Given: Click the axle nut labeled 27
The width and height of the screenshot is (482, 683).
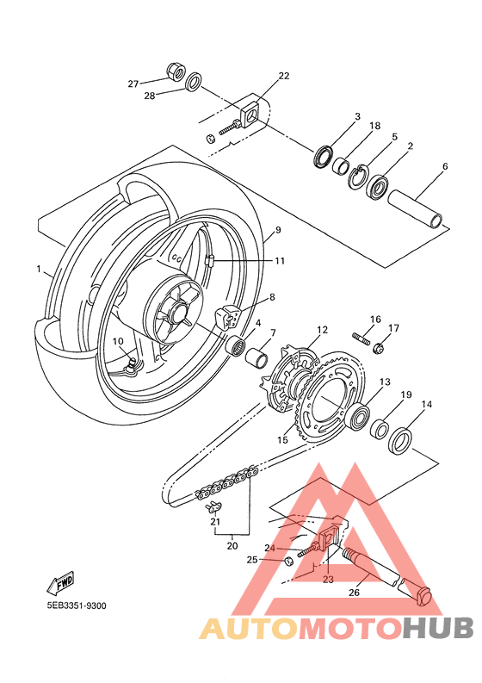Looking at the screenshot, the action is click(x=176, y=71).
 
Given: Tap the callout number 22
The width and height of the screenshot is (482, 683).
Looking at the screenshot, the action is click(x=283, y=76).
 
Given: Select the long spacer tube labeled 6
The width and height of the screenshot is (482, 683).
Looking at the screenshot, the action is click(x=416, y=209).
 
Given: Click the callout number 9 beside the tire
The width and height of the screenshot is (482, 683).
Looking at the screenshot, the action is click(x=278, y=230).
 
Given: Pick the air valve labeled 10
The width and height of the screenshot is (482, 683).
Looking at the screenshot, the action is click(x=131, y=365).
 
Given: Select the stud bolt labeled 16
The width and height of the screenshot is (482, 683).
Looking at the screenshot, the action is click(x=361, y=338).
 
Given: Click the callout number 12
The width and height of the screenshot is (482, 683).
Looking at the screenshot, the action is click(x=322, y=330).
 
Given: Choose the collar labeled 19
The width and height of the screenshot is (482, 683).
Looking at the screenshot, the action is click(x=379, y=428).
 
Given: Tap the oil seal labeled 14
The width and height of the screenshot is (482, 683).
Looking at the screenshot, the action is click(x=400, y=441).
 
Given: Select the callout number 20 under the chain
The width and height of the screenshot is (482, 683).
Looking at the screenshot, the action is click(x=232, y=545).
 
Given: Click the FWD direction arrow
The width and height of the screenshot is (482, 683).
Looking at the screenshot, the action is click(x=60, y=581).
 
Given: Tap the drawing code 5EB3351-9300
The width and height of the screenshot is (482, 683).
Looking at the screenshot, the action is click(x=77, y=605).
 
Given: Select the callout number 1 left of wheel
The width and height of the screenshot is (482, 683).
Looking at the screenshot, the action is click(x=39, y=269).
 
